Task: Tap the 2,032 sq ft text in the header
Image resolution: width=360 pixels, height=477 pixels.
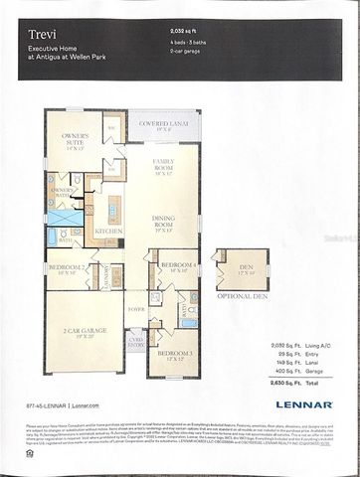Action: [188, 32]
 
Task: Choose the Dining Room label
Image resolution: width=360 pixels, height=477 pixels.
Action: [165, 219]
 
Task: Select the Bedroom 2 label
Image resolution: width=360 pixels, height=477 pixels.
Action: [68, 268]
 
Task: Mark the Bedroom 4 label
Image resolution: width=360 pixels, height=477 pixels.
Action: [175, 265]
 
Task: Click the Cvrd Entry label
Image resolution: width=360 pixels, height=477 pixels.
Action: [135, 342]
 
